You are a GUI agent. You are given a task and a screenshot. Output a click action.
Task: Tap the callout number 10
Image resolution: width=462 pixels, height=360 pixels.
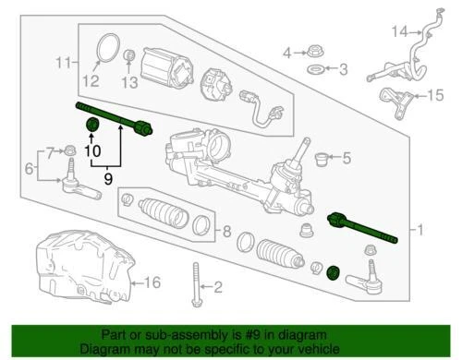tap(92, 150)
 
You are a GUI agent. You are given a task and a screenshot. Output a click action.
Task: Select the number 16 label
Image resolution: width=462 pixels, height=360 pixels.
tap(154, 282)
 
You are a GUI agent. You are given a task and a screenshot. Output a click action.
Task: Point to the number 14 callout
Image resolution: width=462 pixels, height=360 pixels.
tap(398, 32)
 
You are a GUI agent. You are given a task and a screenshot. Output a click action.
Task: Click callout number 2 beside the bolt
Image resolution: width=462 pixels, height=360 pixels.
tap(219, 289)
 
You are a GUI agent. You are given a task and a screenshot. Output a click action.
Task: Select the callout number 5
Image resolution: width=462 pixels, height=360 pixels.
tap(346, 159)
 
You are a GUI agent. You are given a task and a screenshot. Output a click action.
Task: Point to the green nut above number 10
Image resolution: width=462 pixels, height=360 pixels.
tap(92, 126)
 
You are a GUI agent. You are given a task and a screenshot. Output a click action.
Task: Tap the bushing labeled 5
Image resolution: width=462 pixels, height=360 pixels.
tap(322, 158)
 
